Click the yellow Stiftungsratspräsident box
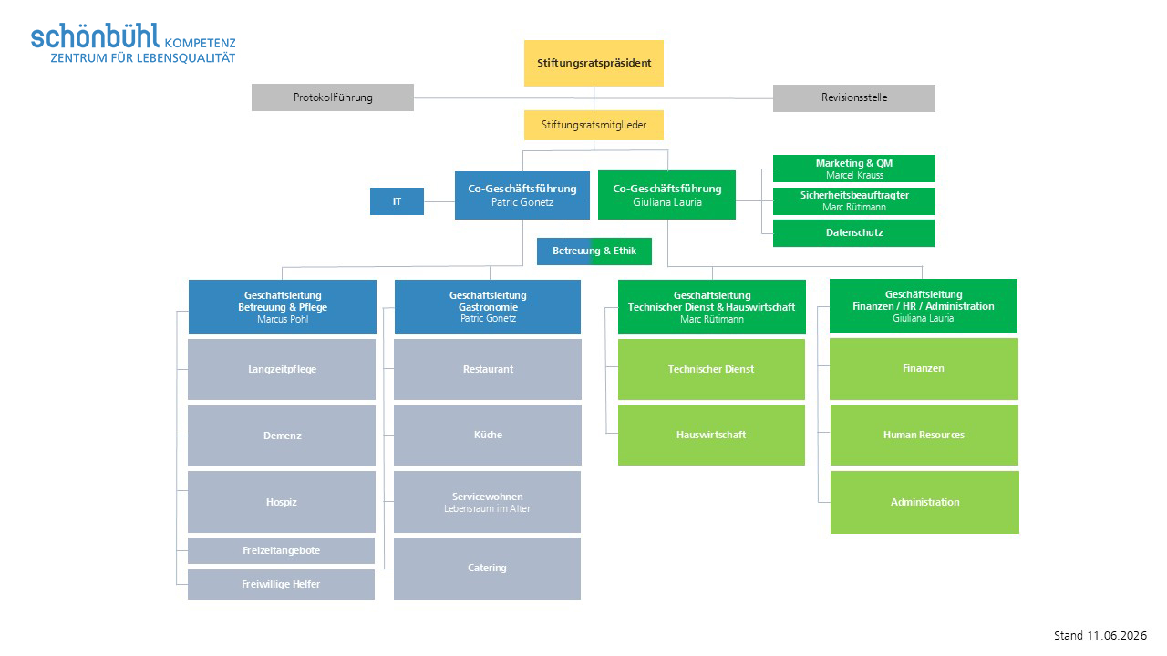pos(594,63)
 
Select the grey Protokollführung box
pos(333,97)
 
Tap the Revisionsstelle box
pos(854,97)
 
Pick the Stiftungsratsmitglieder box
pos(594,125)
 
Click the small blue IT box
pos(397,201)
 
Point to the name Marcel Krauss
pos(854,176)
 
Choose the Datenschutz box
pos(854,232)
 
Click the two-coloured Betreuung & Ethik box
pos(594,251)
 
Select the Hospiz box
pos(282,502)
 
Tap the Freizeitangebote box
pos(282,550)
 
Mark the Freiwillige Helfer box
pos(282,584)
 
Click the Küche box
pos(488,435)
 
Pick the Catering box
pos(487,568)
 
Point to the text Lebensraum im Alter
pos(487,508)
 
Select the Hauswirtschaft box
pos(711,435)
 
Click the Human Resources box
pos(924,435)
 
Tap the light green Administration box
pos(924,502)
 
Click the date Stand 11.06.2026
pos(1100,636)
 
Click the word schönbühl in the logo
pos(95,36)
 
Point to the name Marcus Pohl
pos(283,319)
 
